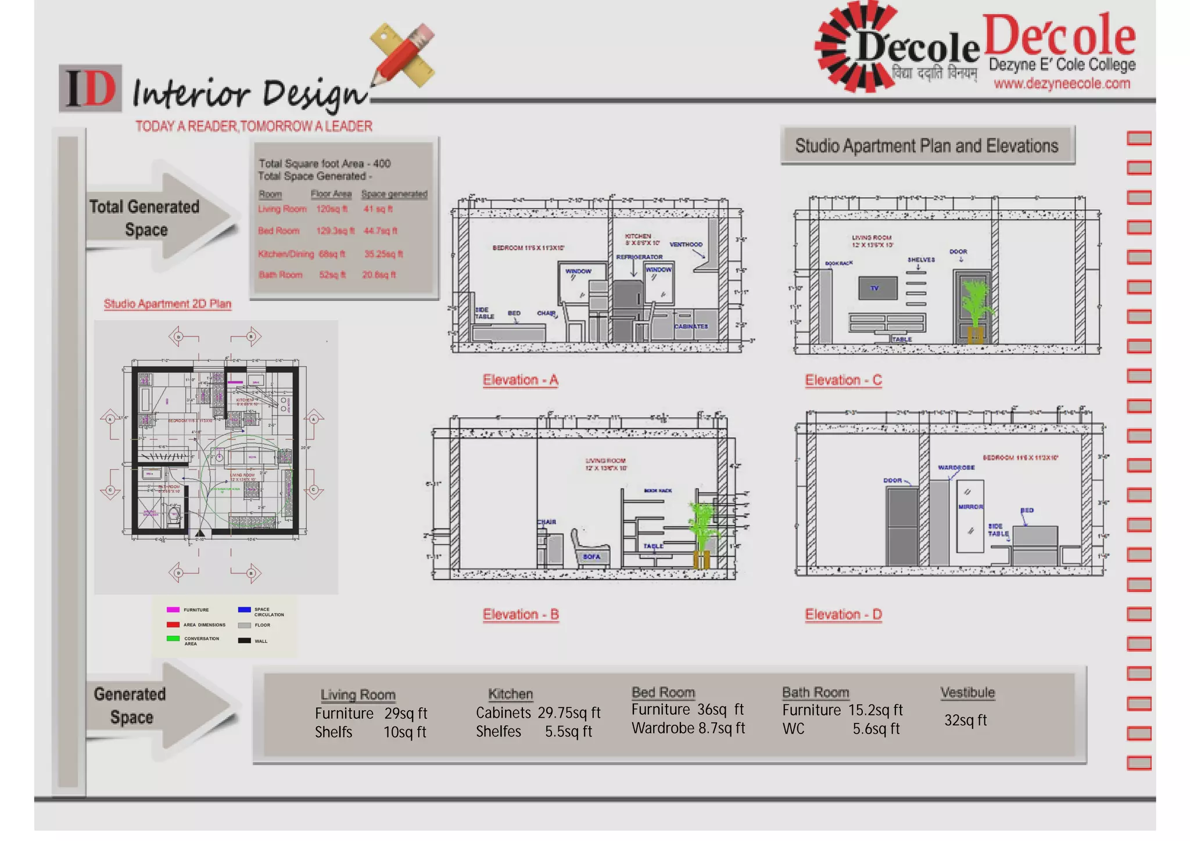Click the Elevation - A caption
coord(520,380)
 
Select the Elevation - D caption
coord(843,614)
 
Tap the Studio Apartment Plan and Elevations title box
coord(927,145)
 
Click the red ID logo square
coord(91,88)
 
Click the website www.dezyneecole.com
coord(1062,84)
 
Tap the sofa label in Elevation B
coord(592,557)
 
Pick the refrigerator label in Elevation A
coord(639,257)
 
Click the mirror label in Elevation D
coord(970,507)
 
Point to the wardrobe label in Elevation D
coord(956,467)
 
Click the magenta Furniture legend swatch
coord(173,610)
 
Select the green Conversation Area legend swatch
coord(173,638)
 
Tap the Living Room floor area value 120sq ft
coord(332,209)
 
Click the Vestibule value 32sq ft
coord(965,721)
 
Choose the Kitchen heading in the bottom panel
coord(510,694)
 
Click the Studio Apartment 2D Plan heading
coord(167,304)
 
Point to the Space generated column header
coord(394,194)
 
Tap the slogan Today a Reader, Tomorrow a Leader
coord(254,126)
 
